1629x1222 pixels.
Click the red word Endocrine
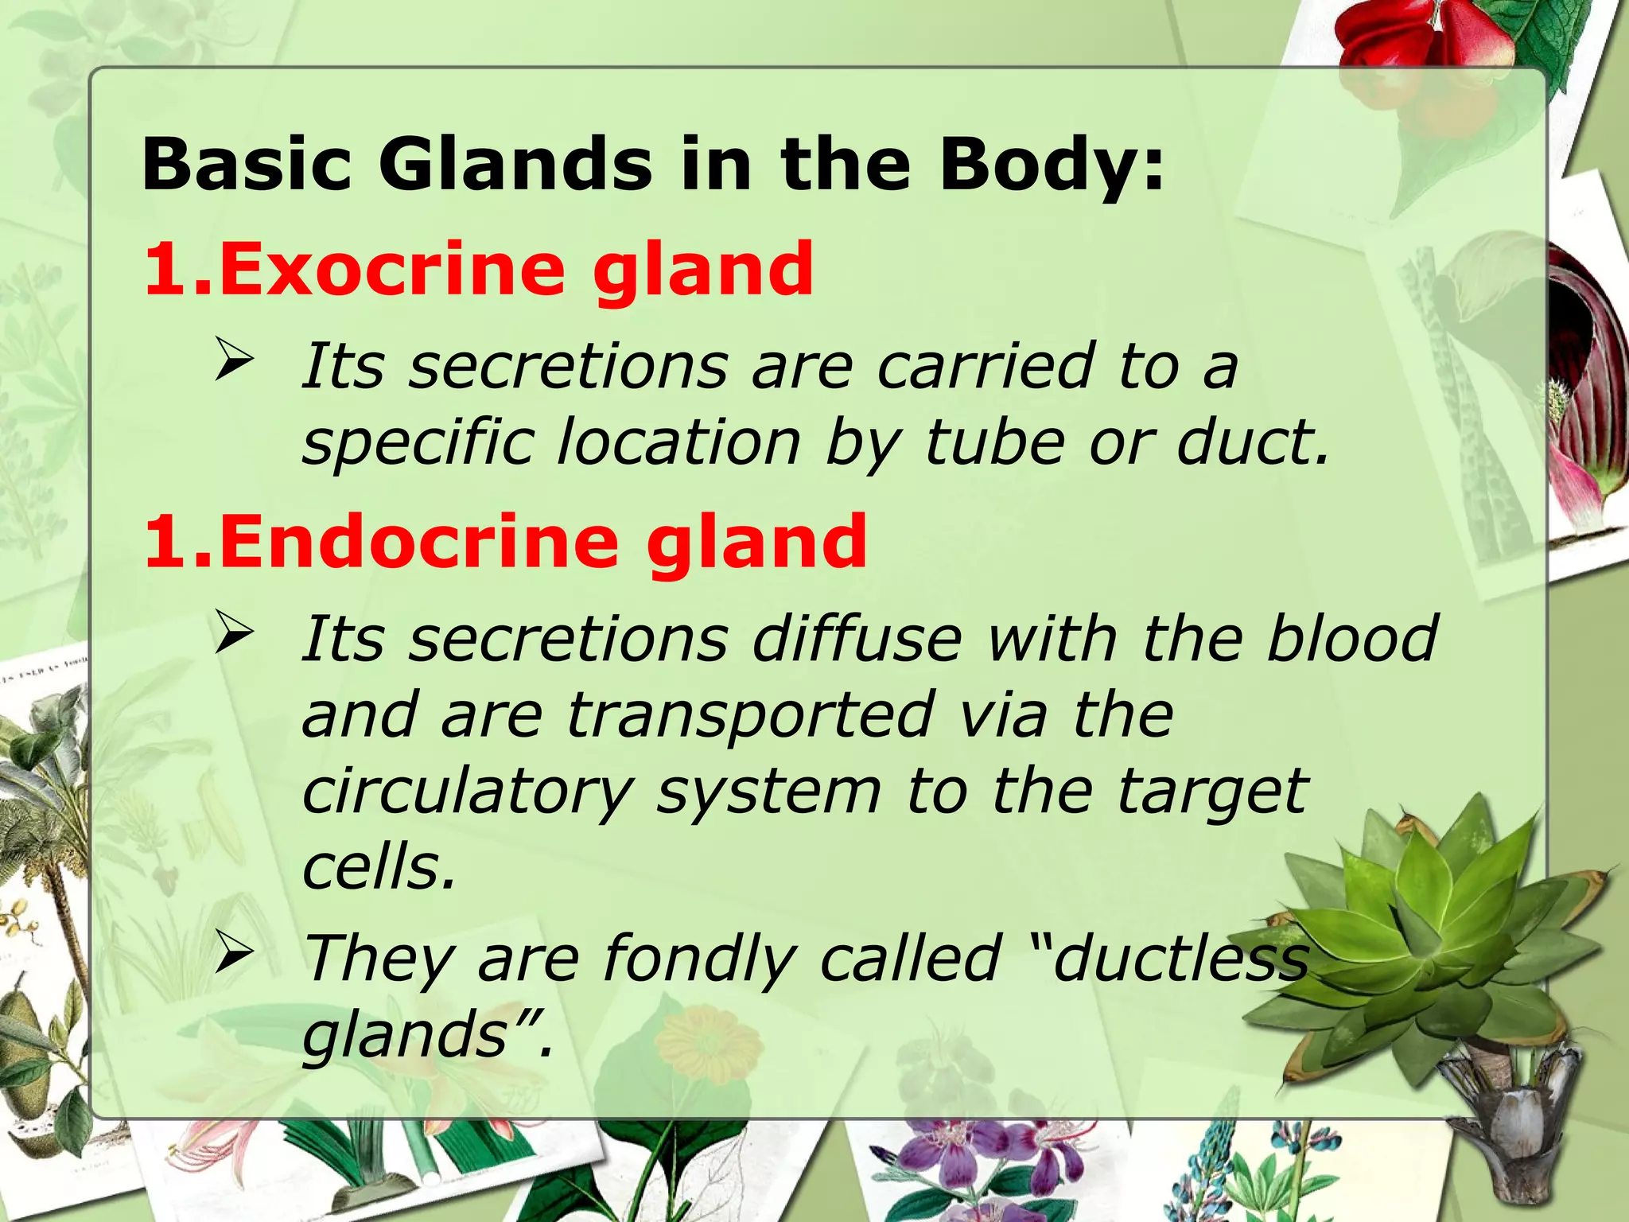pyautogui.click(x=418, y=542)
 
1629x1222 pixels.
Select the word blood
pyautogui.click(x=1352, y=638)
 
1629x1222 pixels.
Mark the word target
pyautogui.click(x=1212, y=792)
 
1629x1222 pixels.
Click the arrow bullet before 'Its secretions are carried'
pyautogui.click(x=234, y=360)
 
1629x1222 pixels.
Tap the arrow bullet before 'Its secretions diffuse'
pyautogui.click(x=234, y=634)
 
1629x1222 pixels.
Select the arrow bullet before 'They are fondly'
pyautogui.click(x=234, y=953)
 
